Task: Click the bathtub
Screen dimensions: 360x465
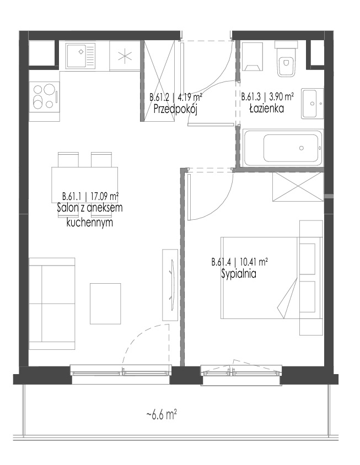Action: [x=283, y=148]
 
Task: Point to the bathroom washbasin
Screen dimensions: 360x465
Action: [x=312, y=103]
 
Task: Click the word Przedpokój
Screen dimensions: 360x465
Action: [x=175, y=110]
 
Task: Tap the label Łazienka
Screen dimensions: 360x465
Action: [x=266, y=109]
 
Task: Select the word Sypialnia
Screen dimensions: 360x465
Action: [x=239, y=274]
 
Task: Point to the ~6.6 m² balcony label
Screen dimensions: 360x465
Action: [x=162, y=414]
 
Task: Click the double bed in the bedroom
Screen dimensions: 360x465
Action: [x=271, y=278]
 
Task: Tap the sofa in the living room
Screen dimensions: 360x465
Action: [x=52, y=304]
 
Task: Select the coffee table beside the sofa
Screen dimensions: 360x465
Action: [x=105, y=304]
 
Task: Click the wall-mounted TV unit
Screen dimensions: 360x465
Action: [x=170, y=285]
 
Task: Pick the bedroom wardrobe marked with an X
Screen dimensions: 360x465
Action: [x=297, y=187]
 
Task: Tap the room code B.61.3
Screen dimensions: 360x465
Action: [x=251, y=97]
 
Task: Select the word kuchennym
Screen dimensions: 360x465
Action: [x=90, y=223]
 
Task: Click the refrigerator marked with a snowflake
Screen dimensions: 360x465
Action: [x=125, y=56]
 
